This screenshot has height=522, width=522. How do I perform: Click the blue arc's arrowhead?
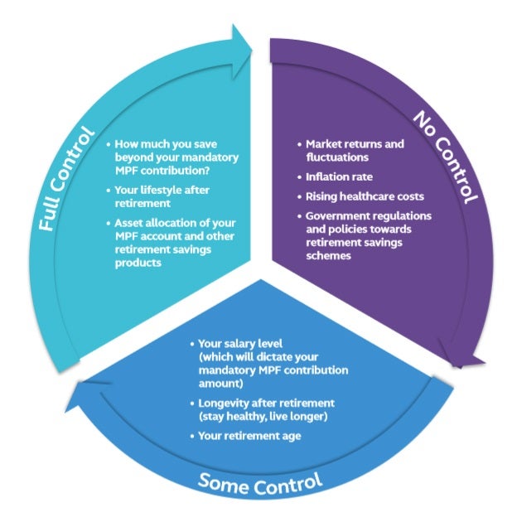[x=83, y=396]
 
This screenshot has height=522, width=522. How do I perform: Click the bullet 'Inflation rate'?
[x=339, y=176]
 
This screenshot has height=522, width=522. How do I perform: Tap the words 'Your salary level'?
[x=239, y=342]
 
